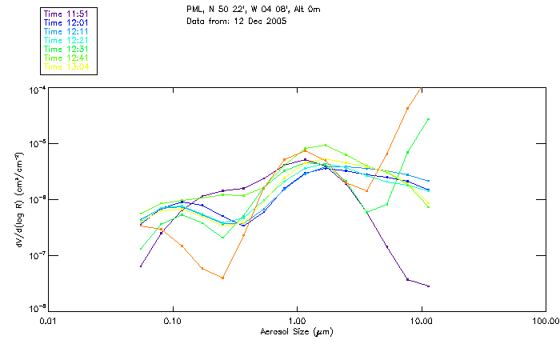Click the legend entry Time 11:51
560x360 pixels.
pos(67,14)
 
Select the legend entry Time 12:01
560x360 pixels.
pos(67,22)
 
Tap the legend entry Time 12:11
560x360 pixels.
pos(67,31)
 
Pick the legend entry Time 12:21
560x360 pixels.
pos(67,40)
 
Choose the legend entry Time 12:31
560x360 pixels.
pos(67,49)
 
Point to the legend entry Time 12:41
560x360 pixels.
pos(67,58)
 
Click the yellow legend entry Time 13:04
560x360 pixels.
pos(67,66)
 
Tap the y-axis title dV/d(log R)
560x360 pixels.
pos(16,198)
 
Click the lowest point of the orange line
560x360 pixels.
pos(222,278)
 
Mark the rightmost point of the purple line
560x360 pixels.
pos(429,286)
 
